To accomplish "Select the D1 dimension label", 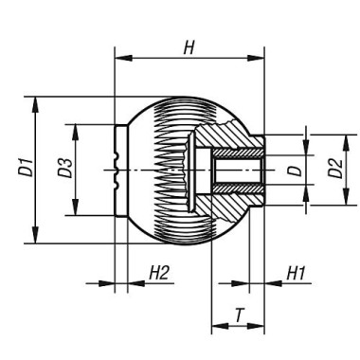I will point(22,171).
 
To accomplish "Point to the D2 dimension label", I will point(333,170).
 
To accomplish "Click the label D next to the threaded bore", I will point(295,171).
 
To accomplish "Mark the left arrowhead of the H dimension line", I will point(118,60).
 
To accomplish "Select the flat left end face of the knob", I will point(115,171).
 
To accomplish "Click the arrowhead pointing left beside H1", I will point(268,282).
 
